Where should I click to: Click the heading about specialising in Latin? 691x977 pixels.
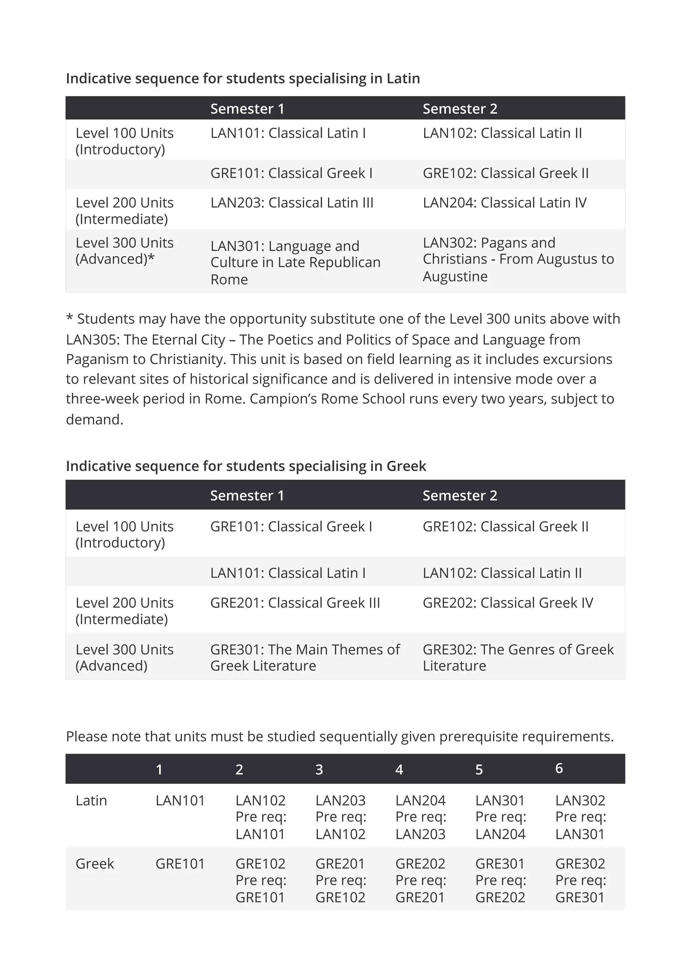pos(243,79)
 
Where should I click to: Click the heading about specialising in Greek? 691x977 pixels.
pos(246,466)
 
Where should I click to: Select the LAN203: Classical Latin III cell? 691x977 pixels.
pos(292,203)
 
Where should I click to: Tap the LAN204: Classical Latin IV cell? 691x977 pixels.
pos(504,203)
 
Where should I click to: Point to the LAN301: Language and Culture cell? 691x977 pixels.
pos(295,263)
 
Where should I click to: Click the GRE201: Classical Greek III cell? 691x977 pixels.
pos(295,603)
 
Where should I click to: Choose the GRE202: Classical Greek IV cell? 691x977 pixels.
pos(507,603)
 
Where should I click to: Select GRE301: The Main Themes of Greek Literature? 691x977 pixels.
pos(305,657)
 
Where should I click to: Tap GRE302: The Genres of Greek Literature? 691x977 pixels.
pos(518,657)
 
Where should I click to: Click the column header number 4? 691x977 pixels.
pos(399,769)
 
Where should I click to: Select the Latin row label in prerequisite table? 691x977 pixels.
pos(91,800)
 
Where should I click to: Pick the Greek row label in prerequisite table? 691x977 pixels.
pos(94,864)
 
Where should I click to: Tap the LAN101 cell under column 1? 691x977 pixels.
pos(180,800)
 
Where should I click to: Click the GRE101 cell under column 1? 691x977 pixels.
pos(180,864)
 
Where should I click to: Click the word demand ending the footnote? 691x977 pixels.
pos(94,420)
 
